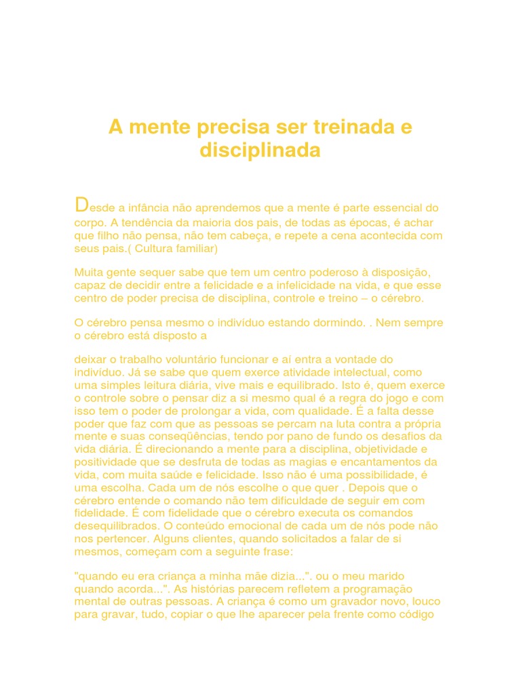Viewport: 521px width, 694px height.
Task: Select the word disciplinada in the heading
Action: pyautogui.click(x=260, y=150)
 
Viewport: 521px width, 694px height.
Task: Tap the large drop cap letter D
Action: pyautogui.click(x=81, y=205)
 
